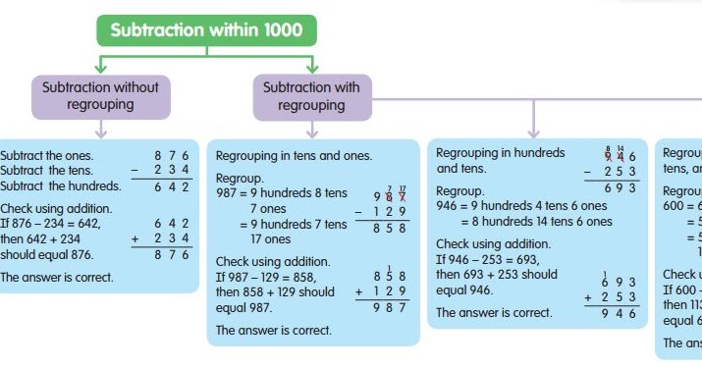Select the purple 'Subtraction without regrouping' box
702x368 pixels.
tap(100, 96)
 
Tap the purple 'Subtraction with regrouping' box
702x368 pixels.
tap(311, 96)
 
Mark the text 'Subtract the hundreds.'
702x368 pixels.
tap(61, 186)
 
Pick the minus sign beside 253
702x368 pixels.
tap(587, 171)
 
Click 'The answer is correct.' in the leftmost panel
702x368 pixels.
tap(57, 278)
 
